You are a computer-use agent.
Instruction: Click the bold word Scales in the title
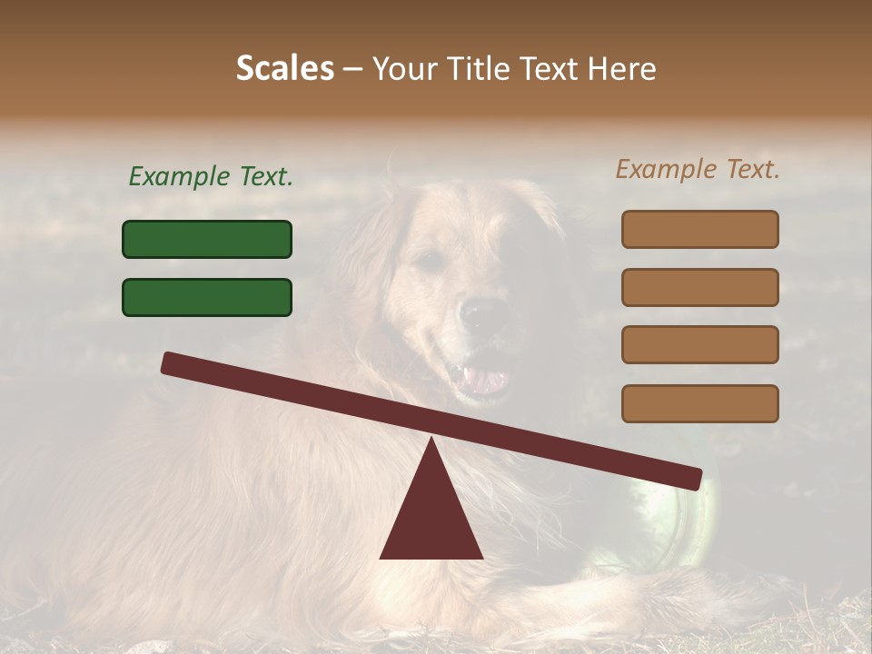[284, 68]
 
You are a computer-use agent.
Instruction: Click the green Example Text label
[211, 177]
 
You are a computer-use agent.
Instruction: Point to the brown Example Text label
[698, 169]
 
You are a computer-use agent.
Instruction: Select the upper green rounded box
[207, 239]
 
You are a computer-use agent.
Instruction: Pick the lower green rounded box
[207, 297]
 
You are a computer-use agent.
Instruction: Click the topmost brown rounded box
[699, 229]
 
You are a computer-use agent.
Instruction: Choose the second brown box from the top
[699, 287]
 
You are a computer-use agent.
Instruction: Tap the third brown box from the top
[699, 344]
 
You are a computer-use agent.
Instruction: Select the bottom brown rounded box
[699, 403]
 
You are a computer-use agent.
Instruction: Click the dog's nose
[477, 314]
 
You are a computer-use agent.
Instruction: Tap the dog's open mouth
[479, 377]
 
